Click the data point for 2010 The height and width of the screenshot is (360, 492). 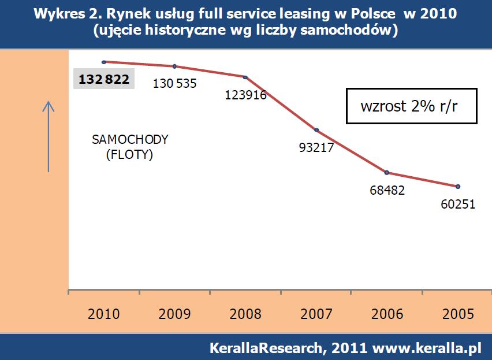tap(103, 61)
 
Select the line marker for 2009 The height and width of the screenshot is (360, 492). tap(174, 66)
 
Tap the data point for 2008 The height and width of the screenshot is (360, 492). tap(245, 77)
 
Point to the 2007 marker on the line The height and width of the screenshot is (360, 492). tap(316, 129)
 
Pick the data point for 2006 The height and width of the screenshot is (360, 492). tap(387, 172)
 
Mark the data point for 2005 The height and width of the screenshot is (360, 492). tap(458, 186)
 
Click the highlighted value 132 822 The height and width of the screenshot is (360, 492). tap(104, 79)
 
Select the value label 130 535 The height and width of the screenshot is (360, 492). tap(174, 83)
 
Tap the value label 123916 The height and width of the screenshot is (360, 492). tap(245, 95)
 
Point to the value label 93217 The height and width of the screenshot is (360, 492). tap(316, 147)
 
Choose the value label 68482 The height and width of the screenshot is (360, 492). tap(387, 190)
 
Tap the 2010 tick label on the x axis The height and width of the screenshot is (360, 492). tap(104, 314)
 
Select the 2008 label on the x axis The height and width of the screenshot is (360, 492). tap(245, 314)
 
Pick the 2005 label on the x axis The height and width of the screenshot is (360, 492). tap(458, 314)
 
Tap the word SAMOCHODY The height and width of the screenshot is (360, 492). tap(130, 139)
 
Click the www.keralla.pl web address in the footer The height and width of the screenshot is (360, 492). tap(427, 348)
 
